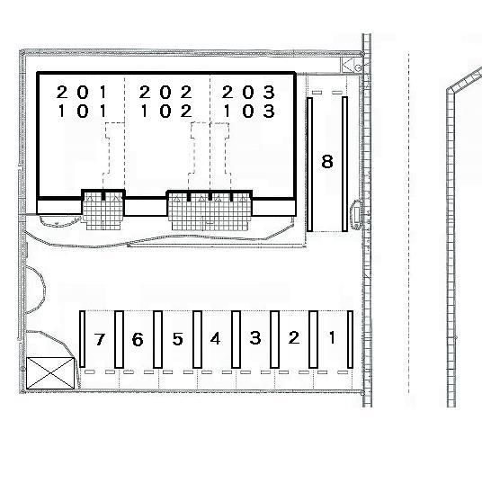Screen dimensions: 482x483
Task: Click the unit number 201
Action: (82, 92)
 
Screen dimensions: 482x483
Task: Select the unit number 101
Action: (82, 111)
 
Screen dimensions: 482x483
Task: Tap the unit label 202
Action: (165, 92)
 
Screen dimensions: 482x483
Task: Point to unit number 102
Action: (166, 111)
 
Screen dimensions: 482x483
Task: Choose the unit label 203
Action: (248, 92)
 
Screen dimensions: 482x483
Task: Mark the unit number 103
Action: (249, 111)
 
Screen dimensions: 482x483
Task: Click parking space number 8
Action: (327, 161)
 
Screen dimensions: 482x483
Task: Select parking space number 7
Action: (99, 339)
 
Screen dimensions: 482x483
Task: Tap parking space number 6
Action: (138, 339)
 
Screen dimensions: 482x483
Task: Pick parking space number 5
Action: (177, 339)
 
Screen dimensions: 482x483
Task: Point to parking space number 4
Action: (215, 338)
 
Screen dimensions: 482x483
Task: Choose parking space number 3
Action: (255, 337)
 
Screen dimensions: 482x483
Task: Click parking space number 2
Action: (294, 337)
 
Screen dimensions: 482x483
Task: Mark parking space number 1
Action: (332, 337)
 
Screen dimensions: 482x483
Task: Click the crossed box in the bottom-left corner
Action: (50, 373)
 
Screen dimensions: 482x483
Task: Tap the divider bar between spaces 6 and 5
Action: (157, 339)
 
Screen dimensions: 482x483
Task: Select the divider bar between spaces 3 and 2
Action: (275, 339)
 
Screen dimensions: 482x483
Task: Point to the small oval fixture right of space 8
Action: (357, 214)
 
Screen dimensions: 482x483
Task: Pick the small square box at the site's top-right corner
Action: (351, 65)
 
